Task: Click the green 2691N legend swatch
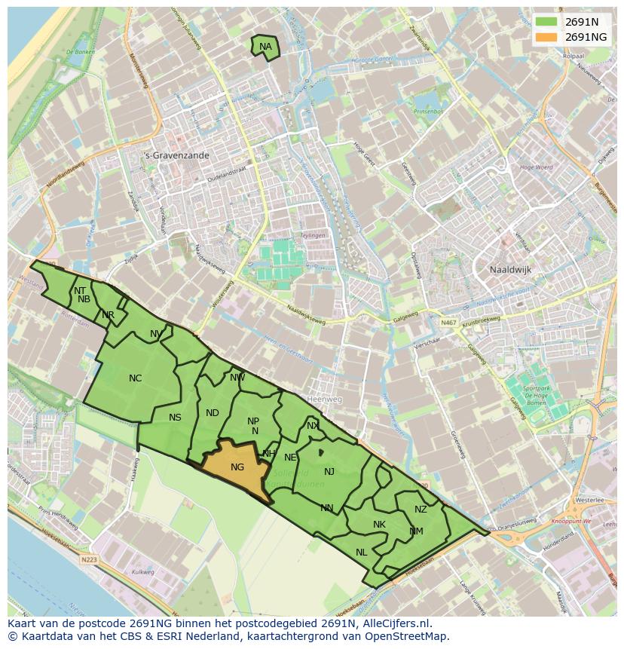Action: coord(546,22)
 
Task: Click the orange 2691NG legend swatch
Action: coord(546,37)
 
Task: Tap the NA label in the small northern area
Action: coord(265,47)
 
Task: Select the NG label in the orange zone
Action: coord(237,467)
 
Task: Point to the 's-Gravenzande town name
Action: coord(177,155)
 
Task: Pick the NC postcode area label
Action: coord(136,378)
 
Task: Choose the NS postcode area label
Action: coord(175,418)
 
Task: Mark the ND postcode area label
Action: coord(213,413)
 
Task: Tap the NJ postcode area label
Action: coord(329,472)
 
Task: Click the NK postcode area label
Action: coord(379,525)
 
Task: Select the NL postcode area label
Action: coord(362,553)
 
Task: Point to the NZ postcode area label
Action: coord(421,510)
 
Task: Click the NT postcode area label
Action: coord(80,290)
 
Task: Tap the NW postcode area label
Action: coord(237,378)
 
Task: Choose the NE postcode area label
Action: coord(290,458)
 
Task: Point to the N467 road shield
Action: coord(449,323)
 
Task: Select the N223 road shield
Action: coord(89,560)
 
